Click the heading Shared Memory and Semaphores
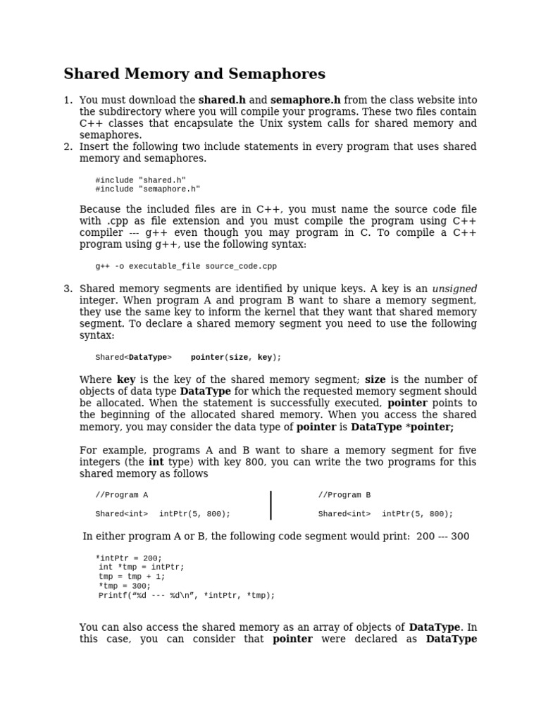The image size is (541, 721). [x=194, y=75]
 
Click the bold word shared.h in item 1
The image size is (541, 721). [x=222, y=100]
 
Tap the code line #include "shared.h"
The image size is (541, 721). [x=140, y=180]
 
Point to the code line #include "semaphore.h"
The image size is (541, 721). [x=147, y=189]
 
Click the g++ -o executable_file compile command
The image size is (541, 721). [x=186, y=266]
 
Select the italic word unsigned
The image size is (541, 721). [x=454, y=289]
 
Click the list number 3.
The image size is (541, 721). [x=68, y=289]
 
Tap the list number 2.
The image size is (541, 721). [x=68, y=146]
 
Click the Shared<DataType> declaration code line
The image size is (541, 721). [x=188, y=357]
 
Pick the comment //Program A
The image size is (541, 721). [x=121, y=495]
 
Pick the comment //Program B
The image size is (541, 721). [x=344, y=495]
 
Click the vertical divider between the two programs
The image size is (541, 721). [x=271, y=505]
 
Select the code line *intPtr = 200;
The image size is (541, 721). [x=128, y=558]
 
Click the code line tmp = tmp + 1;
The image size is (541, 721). [x=132, y=577]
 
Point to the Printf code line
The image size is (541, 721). [x=187, y=595]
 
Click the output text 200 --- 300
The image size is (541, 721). [x=442, y=537]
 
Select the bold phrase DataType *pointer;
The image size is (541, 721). [x=402, y=427]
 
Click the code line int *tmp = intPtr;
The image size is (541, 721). [x=141, y=568]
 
